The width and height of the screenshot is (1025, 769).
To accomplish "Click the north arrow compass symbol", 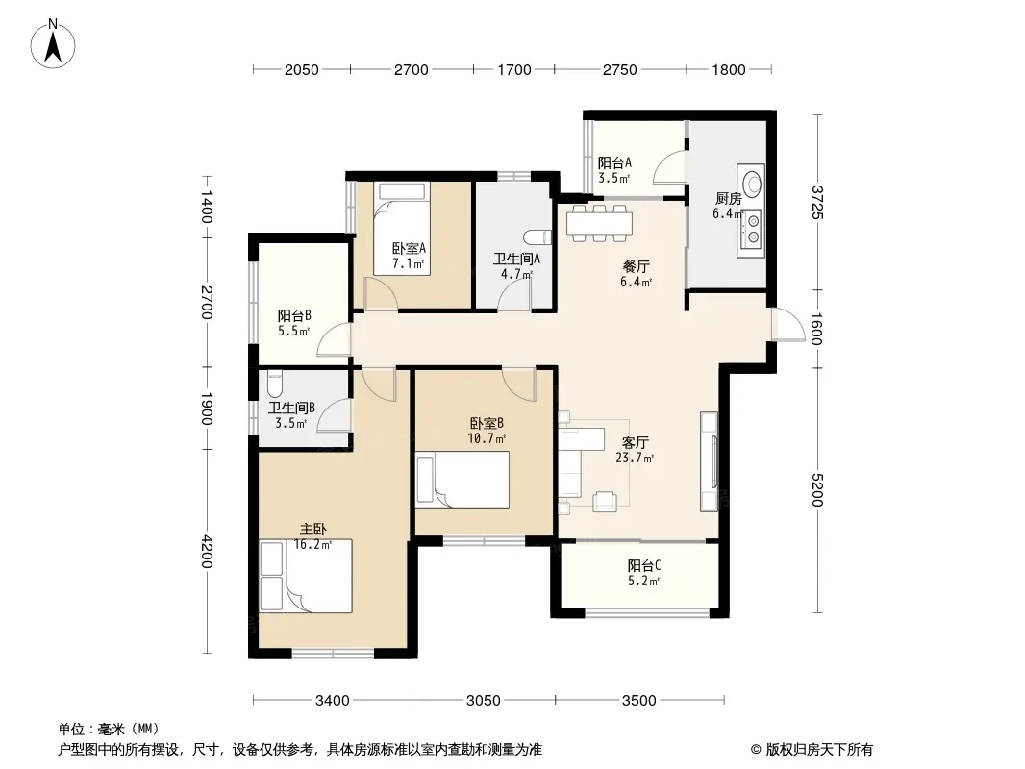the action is tap(53, 43).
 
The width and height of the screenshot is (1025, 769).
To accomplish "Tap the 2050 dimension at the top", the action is tap(301, 70).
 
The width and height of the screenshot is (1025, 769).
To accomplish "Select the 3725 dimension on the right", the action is tap(817, 203).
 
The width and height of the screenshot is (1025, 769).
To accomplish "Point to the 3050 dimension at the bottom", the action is tap(483, 701).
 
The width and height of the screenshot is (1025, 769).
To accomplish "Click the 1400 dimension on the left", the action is tap(207, 207).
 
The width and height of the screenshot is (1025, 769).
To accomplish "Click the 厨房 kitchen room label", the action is tap(728, 199).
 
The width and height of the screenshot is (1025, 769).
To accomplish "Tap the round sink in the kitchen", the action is tap(753, 181).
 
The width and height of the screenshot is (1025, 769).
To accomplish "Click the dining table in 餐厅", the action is tap(599, 223).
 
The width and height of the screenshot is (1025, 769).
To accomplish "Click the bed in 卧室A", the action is tap(401, 229).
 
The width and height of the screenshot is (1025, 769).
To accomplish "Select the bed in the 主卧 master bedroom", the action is tap(306, 576).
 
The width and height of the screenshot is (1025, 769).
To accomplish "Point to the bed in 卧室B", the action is tap(462, 480).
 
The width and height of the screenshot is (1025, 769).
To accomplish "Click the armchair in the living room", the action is tap(605, 502).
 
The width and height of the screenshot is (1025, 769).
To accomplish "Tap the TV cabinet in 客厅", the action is tap(709, 461).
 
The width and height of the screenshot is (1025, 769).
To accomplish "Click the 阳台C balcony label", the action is tap(644, 566).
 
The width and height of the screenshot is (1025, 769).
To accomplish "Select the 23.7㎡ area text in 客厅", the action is tap(635, 458).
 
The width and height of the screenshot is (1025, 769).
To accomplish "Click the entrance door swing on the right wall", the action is tap(787, 323).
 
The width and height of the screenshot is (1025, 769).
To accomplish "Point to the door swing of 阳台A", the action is tap(671, 166).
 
